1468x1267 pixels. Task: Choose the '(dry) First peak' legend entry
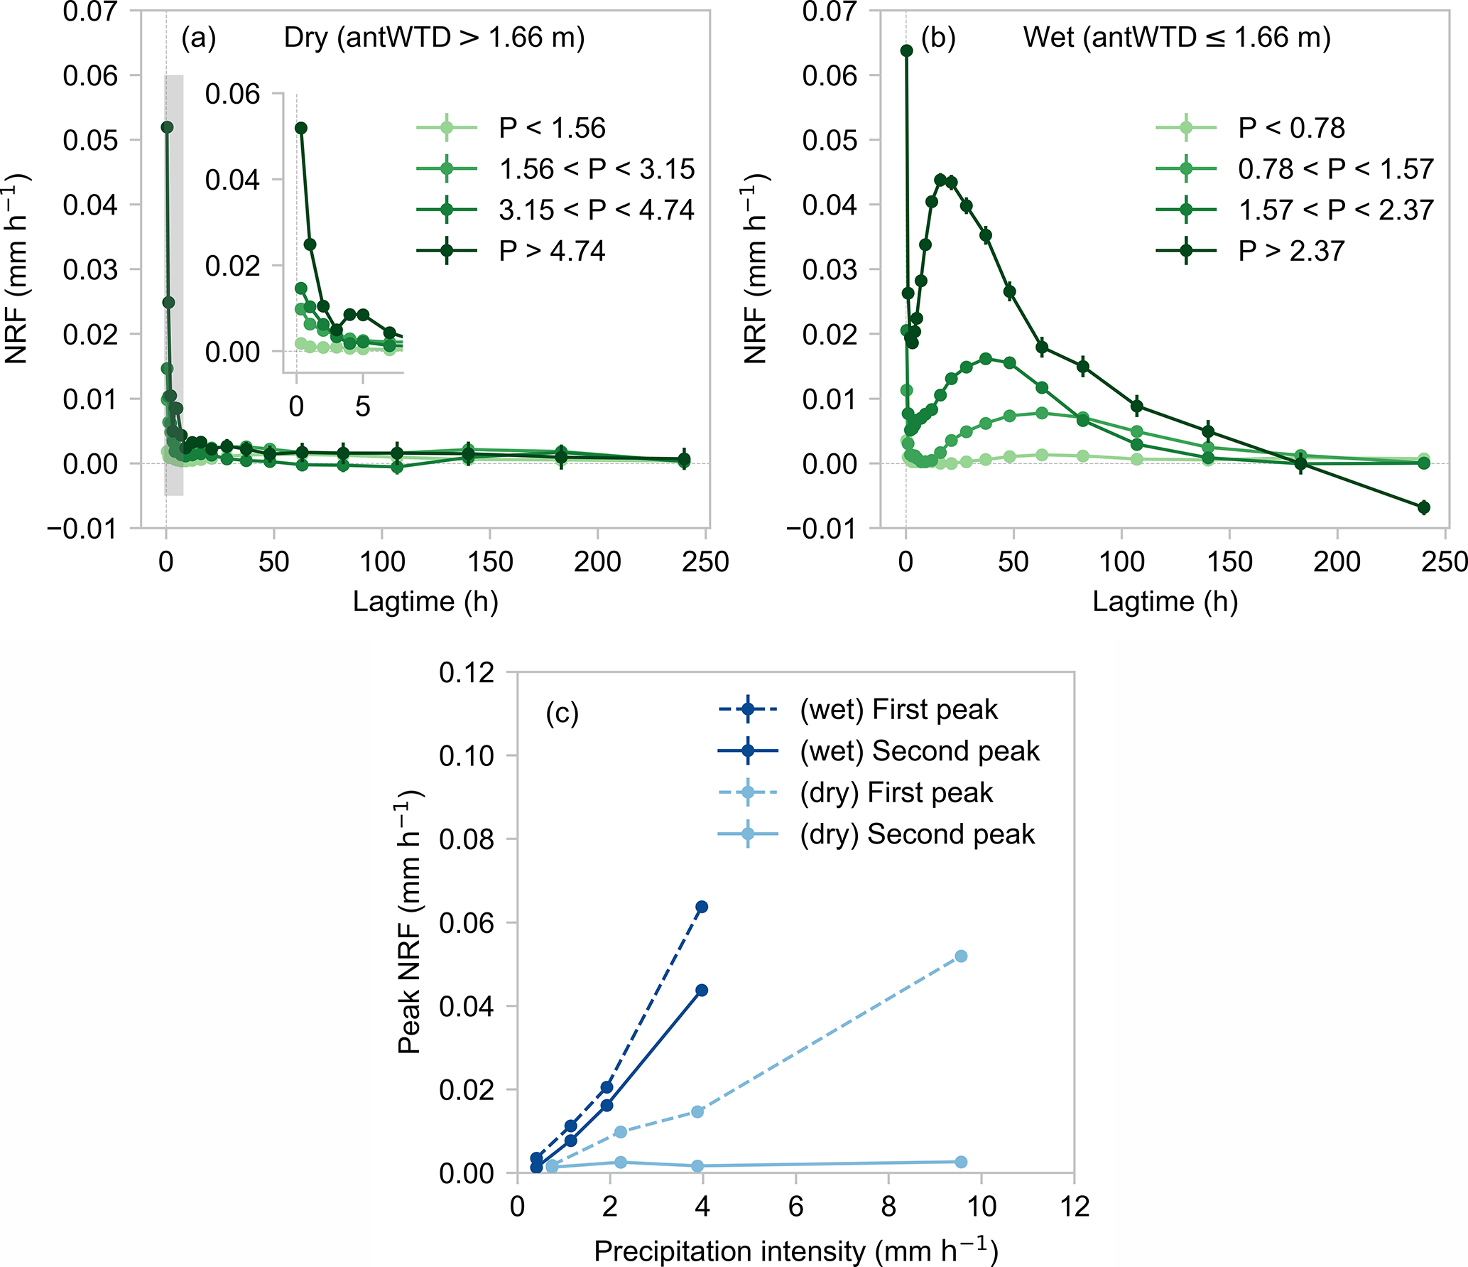(896, 792)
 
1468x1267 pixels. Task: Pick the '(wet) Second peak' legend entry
(920, 751)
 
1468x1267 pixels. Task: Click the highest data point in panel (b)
(907, 50)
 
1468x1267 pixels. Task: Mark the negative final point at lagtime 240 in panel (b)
(1423, 507)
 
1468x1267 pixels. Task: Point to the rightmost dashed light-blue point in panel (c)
(961, 956)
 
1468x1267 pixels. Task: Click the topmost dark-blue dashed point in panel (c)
(702, 907)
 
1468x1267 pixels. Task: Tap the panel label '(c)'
(562, 713)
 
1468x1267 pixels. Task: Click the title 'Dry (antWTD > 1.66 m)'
(434, 38)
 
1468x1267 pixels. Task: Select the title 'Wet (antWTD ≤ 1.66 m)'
(1177, 38)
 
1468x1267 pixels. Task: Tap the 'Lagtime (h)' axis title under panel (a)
(425, 602)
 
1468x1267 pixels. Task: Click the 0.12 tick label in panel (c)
(466, 672)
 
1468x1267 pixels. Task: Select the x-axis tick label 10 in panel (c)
(981, 1207)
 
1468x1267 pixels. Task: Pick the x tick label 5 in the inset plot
(363, 406)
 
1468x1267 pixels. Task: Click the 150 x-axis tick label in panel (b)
(1229, 562)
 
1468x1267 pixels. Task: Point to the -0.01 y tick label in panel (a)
(82, 529)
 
